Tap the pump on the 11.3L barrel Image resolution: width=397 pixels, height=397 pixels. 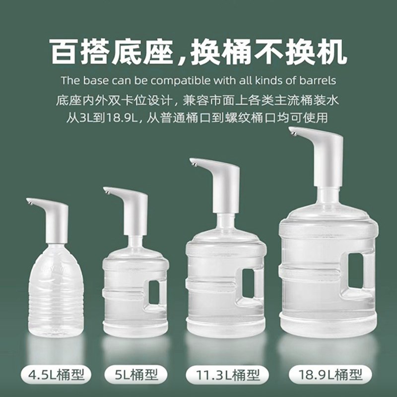223,184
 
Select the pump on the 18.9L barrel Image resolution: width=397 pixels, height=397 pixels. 325,154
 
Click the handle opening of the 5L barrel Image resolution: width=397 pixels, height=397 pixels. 154,292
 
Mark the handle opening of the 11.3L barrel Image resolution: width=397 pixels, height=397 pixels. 248,283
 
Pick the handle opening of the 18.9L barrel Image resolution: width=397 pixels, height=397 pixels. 355,270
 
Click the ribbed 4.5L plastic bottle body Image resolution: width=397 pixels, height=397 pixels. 55,293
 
